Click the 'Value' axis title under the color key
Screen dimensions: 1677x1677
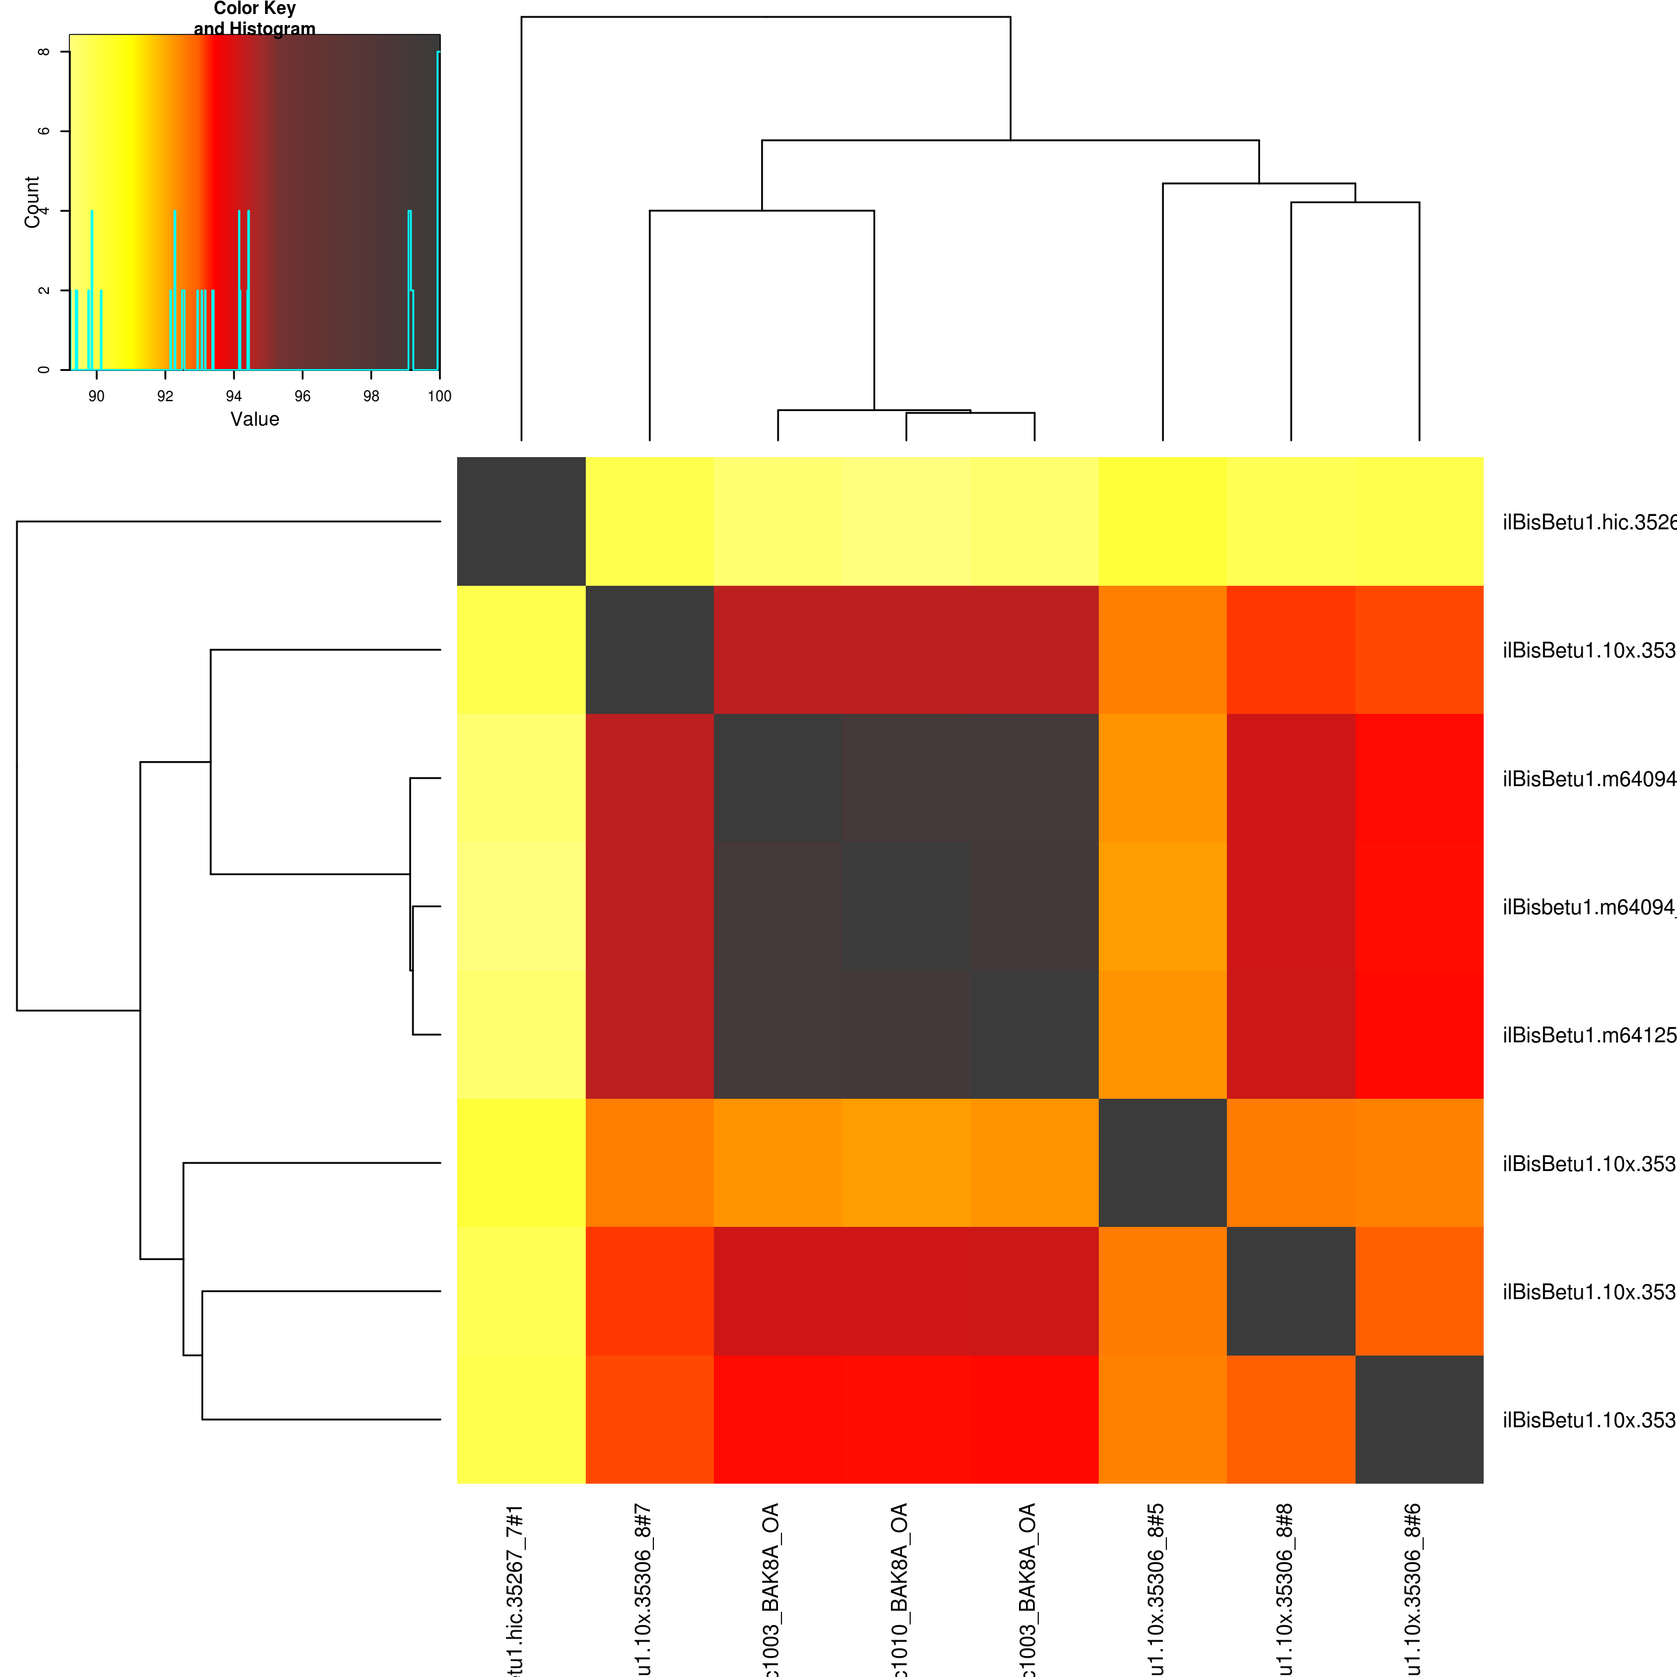click(254, 419)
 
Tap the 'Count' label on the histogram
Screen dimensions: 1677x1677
click(32, 201)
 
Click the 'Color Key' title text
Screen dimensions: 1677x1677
click(254, 9)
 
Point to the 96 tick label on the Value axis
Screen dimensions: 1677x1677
click(302, 397)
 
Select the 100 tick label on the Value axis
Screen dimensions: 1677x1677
click(439, 397)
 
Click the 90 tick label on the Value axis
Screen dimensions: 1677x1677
click(96, 397)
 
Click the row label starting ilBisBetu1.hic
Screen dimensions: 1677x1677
click(1588, 522)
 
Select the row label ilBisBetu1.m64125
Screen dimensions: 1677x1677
click(1588, 1035)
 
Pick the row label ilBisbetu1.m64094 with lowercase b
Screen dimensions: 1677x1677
click(1588, 907)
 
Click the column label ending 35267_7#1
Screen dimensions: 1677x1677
click(515, 1588)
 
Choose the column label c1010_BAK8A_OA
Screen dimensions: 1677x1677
click(900, 1588)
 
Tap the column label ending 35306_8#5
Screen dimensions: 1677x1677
click(1156, 1588)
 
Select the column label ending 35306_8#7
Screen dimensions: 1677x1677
click(643, 1588)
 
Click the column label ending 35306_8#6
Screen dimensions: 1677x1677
click(1413, 1588)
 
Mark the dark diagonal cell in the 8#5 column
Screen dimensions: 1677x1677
click(1162, 1162)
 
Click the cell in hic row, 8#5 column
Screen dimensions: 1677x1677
click(1162, 522)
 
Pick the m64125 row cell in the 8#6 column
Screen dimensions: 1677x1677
click(1419, 1035)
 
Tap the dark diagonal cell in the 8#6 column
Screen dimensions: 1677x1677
click(1419, 1419)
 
